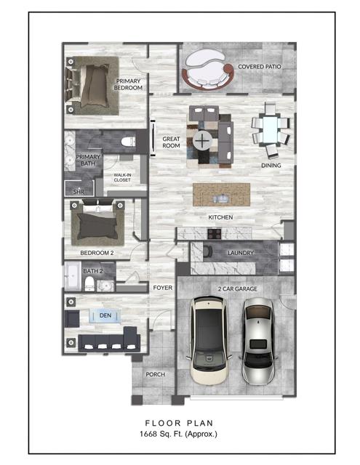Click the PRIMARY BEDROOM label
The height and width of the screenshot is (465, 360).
pos(128,84)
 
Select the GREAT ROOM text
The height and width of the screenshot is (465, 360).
pos(171,142)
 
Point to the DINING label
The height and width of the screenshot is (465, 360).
pos(272,166)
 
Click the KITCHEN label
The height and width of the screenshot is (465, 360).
pos(220,217)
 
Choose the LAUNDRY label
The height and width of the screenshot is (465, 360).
pos(240,253)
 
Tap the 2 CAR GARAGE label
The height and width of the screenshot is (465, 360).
pos(239,289)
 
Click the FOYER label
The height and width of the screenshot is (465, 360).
pos(162,288)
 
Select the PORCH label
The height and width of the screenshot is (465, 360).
pos(155,374)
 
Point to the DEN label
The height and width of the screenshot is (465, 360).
pos(105,315)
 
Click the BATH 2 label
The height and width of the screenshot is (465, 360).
pos(93,271)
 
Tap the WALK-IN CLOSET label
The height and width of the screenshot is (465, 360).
pos(122,177)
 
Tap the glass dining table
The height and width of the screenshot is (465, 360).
pos(269,132)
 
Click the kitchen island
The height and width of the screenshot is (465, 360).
pos(221,194)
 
